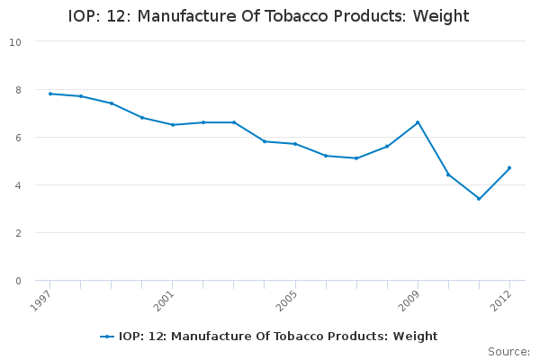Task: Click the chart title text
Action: point(269,17)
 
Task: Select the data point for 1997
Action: point(49,94)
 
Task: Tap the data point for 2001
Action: point(172,124)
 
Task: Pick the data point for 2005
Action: point(295,144)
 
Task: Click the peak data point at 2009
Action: point(418,122)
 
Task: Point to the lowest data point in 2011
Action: point(479,199)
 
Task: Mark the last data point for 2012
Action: point(509,167)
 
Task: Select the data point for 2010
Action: point(448,175)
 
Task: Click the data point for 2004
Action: point(265,141)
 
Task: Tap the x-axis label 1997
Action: point(42,299)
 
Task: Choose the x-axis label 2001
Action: point(165,299)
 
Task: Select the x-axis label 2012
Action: point(502,299)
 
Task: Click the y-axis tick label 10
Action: point(16,41)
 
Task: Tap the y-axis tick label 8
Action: point(19,89)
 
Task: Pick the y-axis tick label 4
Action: point(19,184)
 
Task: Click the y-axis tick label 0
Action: point(19,280)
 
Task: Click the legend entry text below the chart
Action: point(278,337)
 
